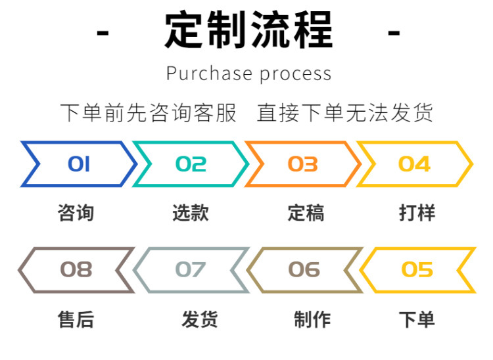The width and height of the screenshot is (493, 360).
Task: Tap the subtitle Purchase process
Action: tap(248, 74)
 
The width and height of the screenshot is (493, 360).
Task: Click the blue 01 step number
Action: tap(79, 164)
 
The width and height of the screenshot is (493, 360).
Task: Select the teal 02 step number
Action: tap(191, 164)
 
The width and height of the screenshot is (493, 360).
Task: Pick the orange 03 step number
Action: tap(303, 164)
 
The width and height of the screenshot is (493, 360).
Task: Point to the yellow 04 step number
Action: tap(414, 164)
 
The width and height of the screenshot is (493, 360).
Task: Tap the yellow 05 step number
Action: tap(417, 269)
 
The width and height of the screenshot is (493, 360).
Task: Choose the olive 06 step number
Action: tap(304, 269)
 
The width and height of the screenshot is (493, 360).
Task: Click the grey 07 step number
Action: tap(191, 269)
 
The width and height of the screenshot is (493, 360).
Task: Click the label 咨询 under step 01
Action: tap(76, 213)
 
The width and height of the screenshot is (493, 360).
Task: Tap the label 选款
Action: tap(191, 213)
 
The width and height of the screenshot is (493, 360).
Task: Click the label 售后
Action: tap(76, 320)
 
